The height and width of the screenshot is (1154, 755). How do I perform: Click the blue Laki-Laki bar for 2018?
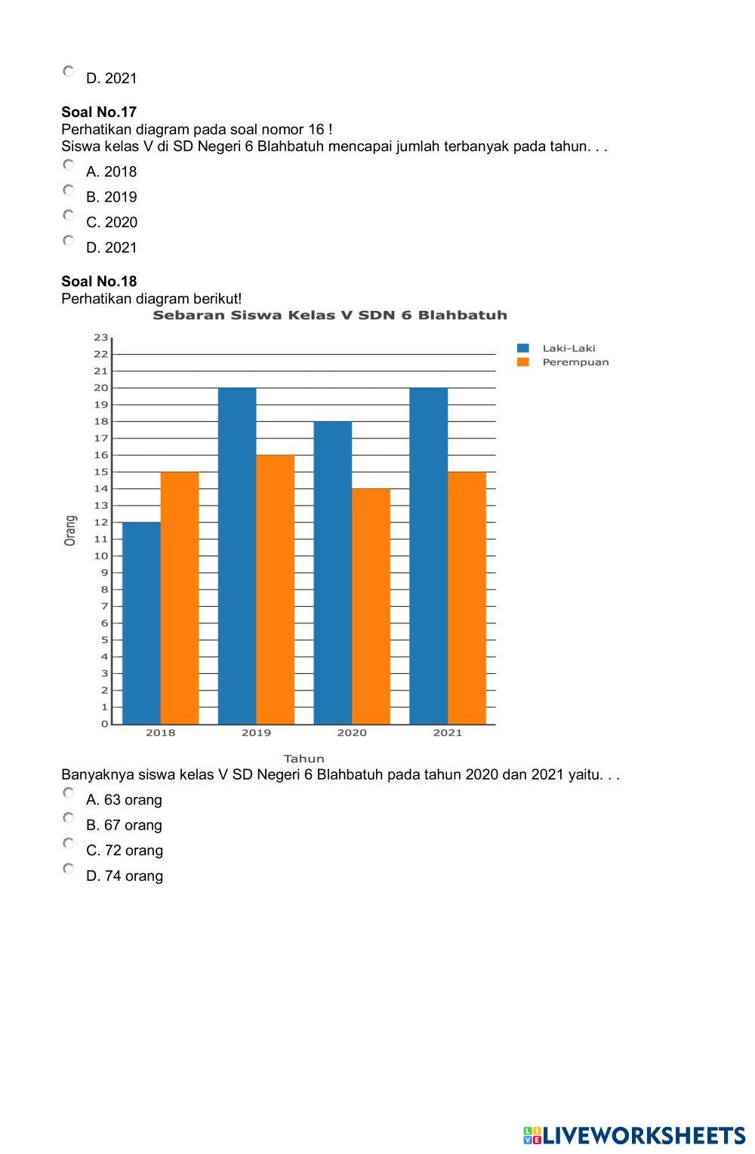pyautogui.click(x=141, y=623)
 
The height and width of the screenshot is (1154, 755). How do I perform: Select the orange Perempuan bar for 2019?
pyautogui.click(x=276, y=589)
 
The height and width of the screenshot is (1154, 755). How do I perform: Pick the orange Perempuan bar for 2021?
pyautogui.click(x=467, y=598)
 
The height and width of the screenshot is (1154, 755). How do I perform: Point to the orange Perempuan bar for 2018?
pyautogui.click(x=180, y=598)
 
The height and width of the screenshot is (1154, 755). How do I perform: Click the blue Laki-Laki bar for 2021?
pyautogui.click(x=428, y=555)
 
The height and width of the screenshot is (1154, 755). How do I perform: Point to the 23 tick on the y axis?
pyautogui.click(x=101, y=337)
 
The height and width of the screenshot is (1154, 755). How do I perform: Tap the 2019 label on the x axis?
pyautogui.click(x=256, y=733)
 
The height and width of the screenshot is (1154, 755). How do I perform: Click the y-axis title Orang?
pyautogui.click(x=70, y=531)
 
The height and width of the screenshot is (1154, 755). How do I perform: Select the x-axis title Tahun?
pyautogui.click(x=304, y=759)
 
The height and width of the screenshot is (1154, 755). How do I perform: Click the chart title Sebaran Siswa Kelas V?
pyautogui.click(x=330, y=315)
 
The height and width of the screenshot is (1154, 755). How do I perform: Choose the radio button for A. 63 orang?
pyautogui.click(x=68, y=792)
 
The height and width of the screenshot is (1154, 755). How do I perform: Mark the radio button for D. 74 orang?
pyautogui.click(x=68, y=869)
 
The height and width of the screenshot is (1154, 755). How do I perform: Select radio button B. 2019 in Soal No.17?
pyautogui.click(x=68, y=190)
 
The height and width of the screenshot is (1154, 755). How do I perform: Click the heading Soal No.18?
pyautogui.click(x=99, y=282)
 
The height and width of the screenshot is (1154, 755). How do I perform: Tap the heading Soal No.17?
pyautogui.click(x=99, y=112)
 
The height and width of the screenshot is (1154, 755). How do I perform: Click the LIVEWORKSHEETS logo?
pyautogui.click(x=634, y=1135)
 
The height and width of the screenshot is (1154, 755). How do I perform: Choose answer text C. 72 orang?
pyautogui.click(x=125, y=851)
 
